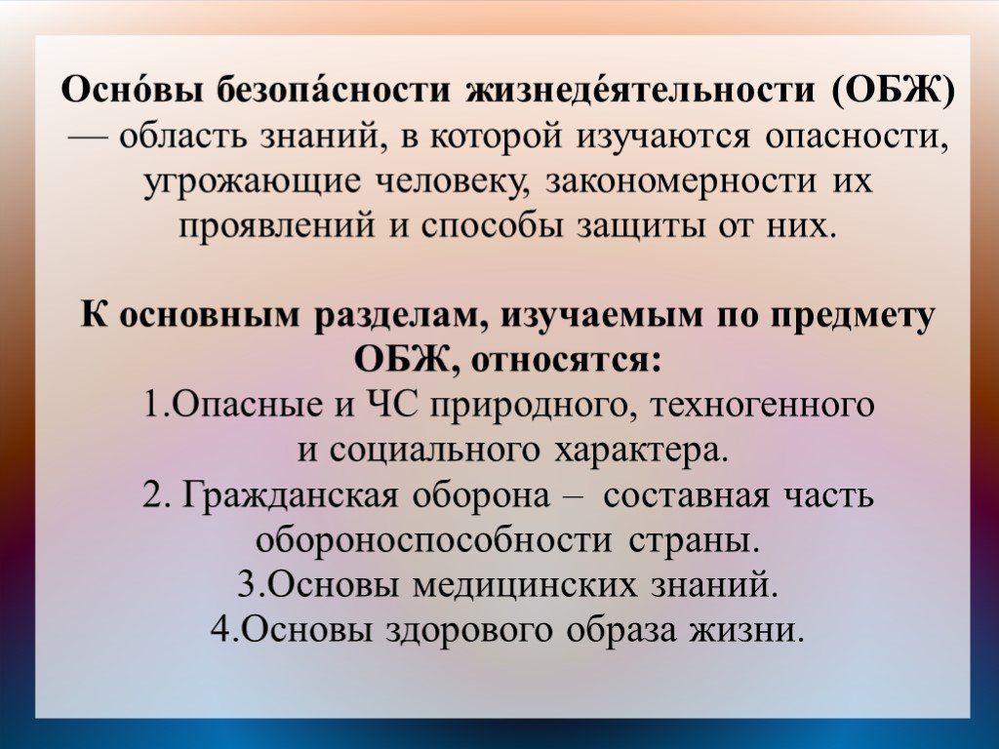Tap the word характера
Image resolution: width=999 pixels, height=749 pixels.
[642, 451]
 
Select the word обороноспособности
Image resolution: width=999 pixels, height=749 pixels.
[432, 540]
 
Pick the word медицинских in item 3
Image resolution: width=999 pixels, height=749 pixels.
[525, 585]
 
